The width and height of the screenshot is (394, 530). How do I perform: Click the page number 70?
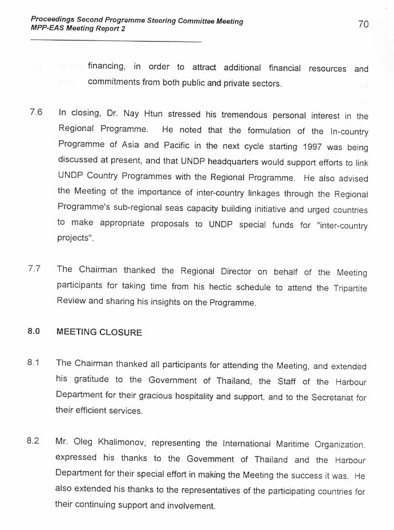[363, 24]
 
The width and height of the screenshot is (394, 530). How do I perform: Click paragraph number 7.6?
[36, 112]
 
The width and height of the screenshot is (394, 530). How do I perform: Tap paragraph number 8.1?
[33, 363]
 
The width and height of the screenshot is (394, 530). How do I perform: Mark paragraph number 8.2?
[33, 441]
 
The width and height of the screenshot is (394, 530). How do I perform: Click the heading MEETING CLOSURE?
[99, 332]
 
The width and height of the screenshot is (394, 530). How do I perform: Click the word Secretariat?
[332, 397]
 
